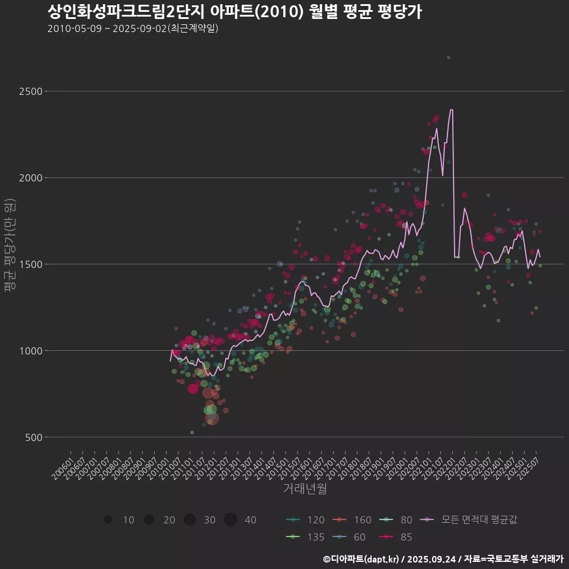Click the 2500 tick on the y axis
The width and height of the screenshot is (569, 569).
[x=30, y=91]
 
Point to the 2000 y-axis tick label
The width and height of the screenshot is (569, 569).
[x=30, y=178]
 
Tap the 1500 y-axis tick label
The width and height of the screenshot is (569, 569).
[x=30, y=264]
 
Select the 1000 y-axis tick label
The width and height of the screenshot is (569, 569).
[x=30, y=351]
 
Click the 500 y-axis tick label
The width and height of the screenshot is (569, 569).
[x=33, y=437]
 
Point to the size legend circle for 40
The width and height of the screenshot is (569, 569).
[x=231, y=520]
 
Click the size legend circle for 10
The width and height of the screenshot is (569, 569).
[x=108, y=520]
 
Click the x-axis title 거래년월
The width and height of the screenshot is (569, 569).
[x=305, y=489]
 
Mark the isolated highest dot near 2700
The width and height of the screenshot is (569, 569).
[x=449, y=57]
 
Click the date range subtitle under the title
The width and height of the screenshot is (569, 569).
[x=133, y=28]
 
